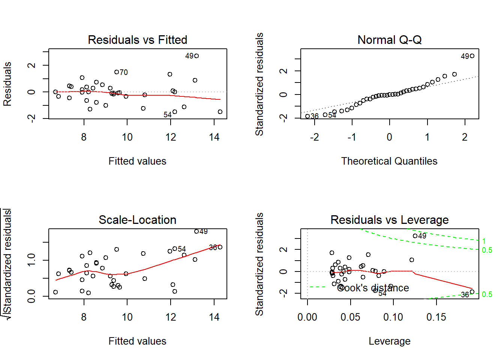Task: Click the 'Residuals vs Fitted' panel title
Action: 137,40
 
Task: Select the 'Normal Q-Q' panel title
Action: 389,40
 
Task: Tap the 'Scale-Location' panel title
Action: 137,220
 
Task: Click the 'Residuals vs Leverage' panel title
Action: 389,220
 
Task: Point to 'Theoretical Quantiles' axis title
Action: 389,161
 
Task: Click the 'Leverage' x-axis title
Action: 389,341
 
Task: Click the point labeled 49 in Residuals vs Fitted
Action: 196,56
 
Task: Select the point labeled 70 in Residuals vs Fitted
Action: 116,72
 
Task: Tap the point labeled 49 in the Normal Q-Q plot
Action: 472,56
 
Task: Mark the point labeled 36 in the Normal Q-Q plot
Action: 307,116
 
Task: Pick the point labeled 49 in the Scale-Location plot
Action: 196,231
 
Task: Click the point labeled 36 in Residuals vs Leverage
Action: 472,292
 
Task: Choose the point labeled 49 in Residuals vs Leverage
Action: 415,236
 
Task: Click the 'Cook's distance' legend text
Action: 373,288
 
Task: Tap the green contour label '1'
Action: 484,241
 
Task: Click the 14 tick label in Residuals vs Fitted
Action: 214,137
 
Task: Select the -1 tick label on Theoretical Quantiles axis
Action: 351,137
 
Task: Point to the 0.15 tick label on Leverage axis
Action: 436,317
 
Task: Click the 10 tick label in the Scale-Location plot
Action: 127,317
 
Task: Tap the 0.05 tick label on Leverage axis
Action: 350,317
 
